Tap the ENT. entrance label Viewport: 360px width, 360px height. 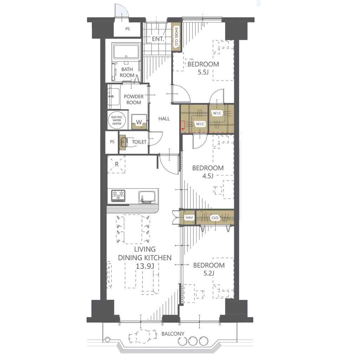tap(158, 39)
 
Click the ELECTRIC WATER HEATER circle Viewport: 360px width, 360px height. tap(117, 120)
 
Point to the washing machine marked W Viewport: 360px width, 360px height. tap(139, 122)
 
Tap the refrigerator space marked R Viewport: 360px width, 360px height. tap(117, 164)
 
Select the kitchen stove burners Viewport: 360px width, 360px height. tap(118, 195)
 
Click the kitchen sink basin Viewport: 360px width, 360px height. tap(148, 197)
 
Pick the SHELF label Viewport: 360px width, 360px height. tap(189, 217)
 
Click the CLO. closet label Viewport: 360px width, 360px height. tap(215, 218)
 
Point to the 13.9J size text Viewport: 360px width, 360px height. tap(145, 266)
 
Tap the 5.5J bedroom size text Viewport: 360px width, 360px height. tap(203, 72)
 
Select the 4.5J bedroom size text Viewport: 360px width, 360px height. tap(208, 176)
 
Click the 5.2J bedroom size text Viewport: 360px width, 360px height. tap(209, 273)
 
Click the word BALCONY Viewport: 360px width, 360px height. tap(173, 334)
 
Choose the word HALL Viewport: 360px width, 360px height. tap(164, 119)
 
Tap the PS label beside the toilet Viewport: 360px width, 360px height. tap(112, 142)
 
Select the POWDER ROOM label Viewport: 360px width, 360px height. tap(134, 99)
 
